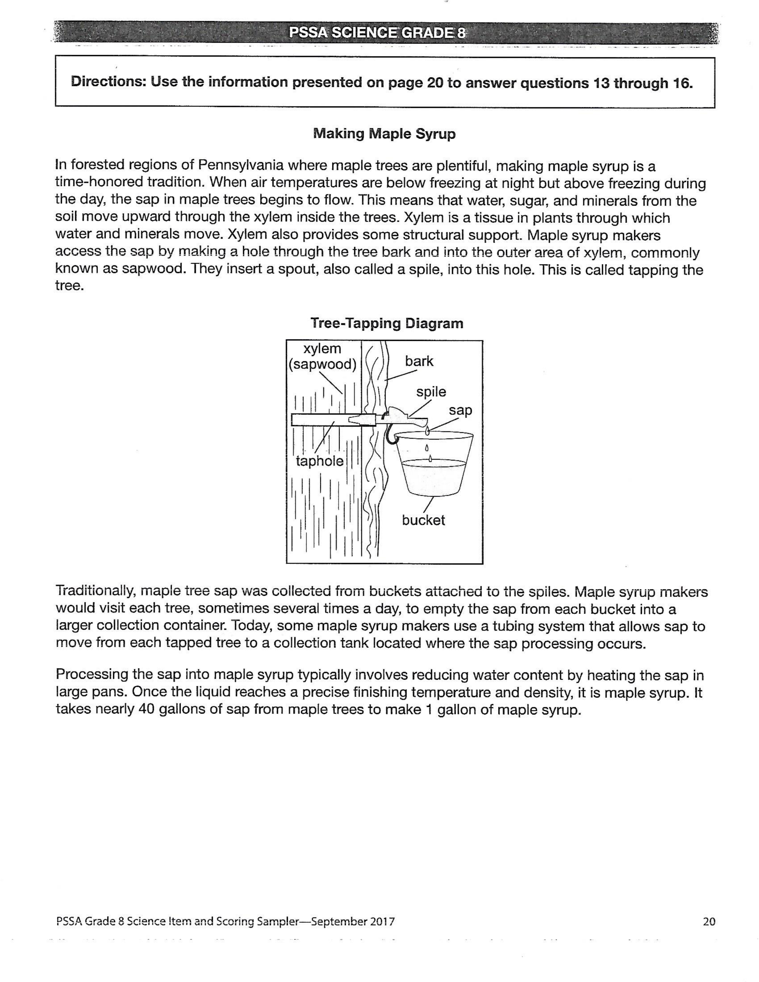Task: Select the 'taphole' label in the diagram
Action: (x=320, y=461)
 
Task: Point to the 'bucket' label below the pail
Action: (x=423, y=520)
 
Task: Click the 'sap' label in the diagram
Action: (x=460, y=411)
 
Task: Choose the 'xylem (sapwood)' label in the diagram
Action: (x=322, y=356)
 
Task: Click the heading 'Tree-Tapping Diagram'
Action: (x=387, y=323)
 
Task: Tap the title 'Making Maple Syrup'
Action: (x=384, y=134)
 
